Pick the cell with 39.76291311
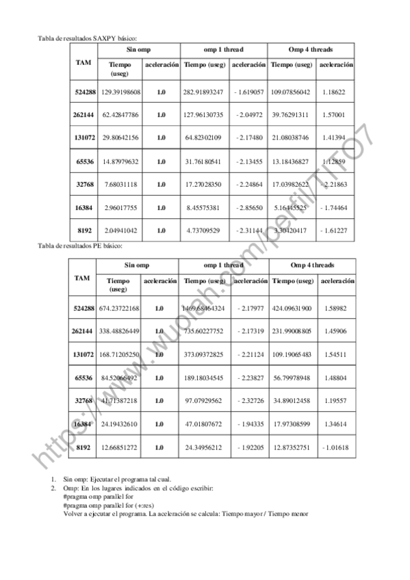tap(291, 114)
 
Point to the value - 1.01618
tap(334, 447)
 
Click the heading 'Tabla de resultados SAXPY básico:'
tap(92, 39)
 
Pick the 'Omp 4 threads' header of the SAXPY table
tap(311, 50)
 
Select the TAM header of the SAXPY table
tap(84, 62)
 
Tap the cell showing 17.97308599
tap(291, 424)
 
